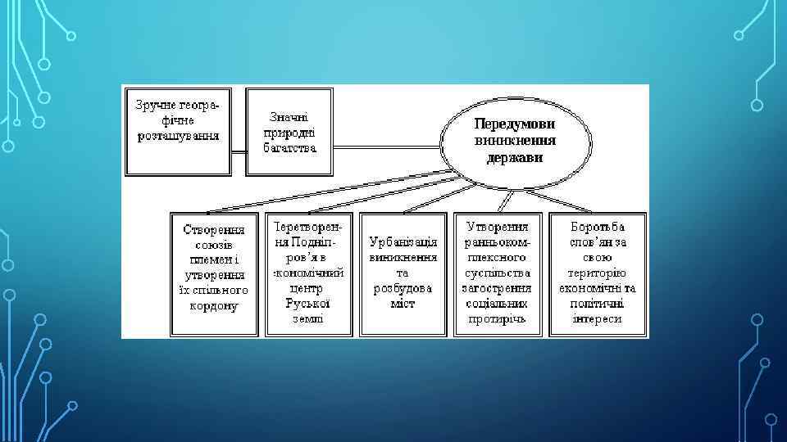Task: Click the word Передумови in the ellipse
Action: coord(515,124)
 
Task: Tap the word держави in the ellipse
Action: coord(515,157)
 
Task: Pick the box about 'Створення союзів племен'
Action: coord(216,273)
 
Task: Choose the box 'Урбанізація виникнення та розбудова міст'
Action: coord(403,273)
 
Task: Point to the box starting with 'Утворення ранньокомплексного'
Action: coord(498,273)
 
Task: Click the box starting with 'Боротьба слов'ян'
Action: coord(598,273)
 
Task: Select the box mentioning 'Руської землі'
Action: coord(309,273)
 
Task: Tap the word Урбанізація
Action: coord(403,243)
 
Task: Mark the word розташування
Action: coord(178,135)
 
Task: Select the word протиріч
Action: coord(498,318)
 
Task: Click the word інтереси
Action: coord(598,318)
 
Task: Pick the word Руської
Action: coord(308,304)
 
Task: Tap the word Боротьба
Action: coord(598,227)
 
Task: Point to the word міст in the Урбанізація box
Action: coord(403,304)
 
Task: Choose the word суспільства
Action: coord(498,273)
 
